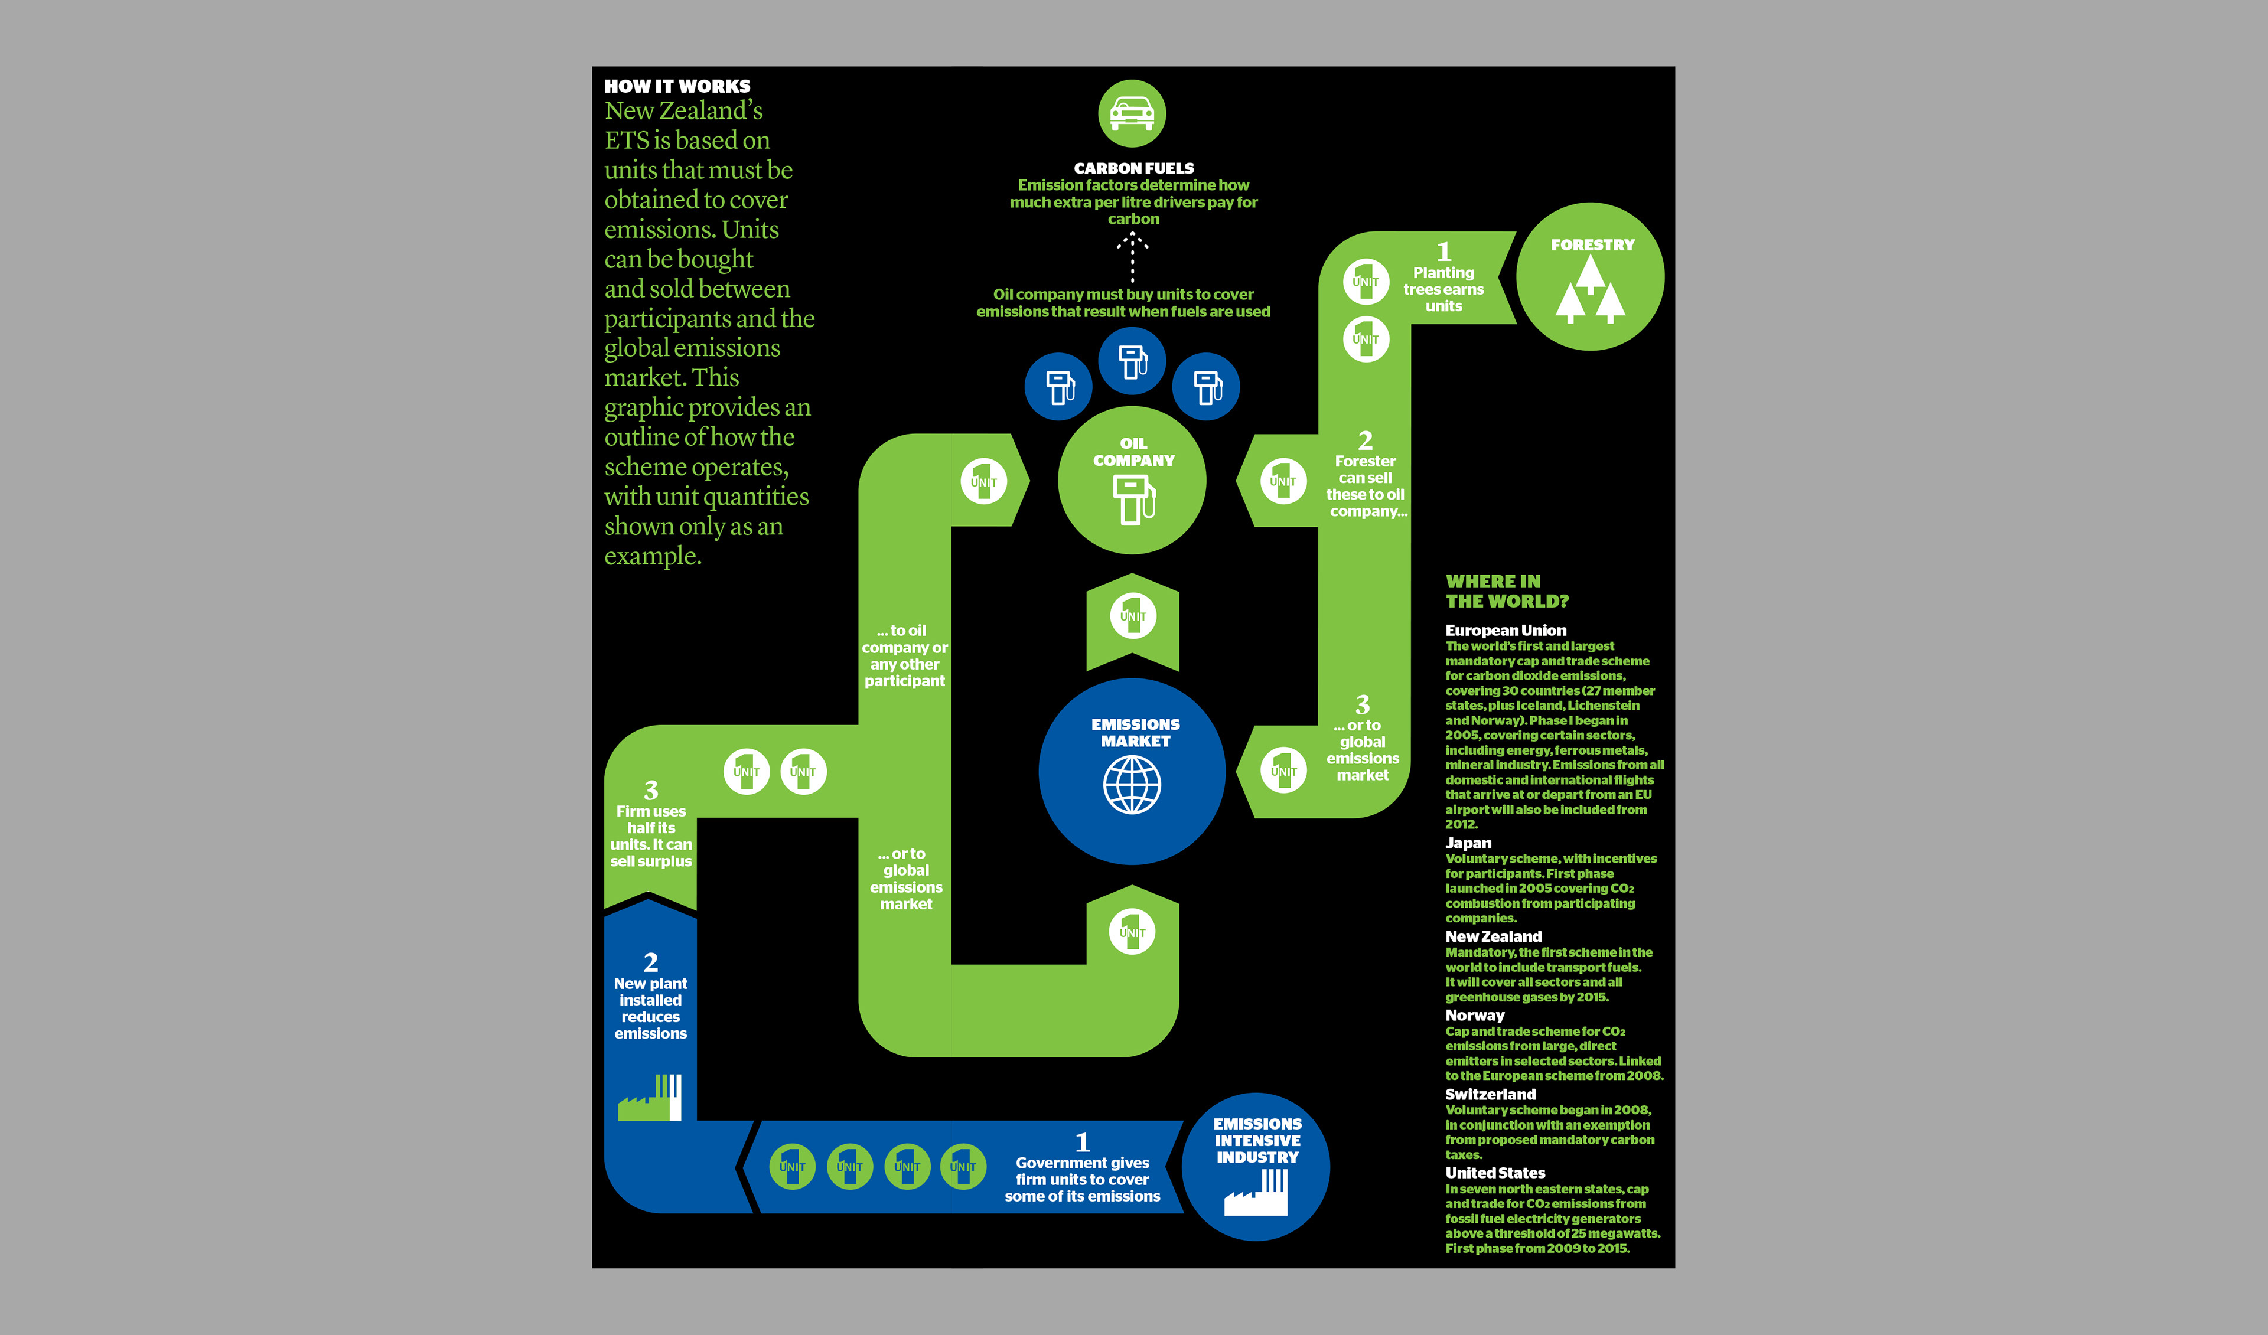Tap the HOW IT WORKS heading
[x=677, y=86]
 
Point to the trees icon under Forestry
[x=1591, y=290]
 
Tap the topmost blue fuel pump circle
[x=1132, y=361]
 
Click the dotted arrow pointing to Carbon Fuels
[x=1132, y=257]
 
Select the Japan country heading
[x=1468, y=843]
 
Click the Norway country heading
[x=1474, y=1015]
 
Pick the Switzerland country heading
[x=1490, y=1094]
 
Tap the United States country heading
[x=1495, y=1173]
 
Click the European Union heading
[x=1506, y=631]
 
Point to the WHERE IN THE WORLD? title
[x=1507, y=591]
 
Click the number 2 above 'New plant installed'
[x=651, y=962]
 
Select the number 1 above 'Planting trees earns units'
[x=1443, y=252]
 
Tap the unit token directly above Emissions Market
[x=1132, y=616]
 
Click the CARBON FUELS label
[x=1133, y=168]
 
